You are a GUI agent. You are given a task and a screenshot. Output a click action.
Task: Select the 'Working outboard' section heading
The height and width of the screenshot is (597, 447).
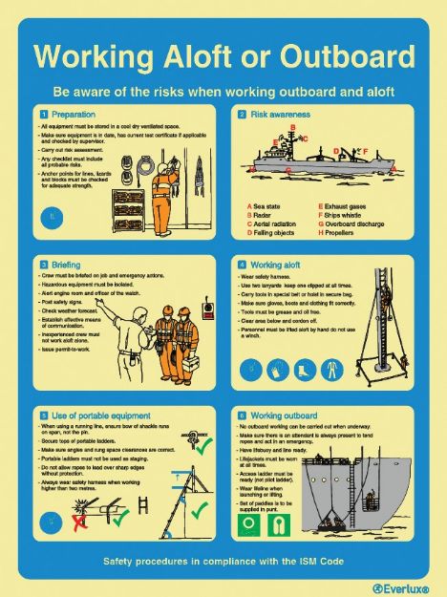[284, 416]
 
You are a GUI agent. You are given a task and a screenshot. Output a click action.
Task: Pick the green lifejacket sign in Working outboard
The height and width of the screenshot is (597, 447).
[251, 527]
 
